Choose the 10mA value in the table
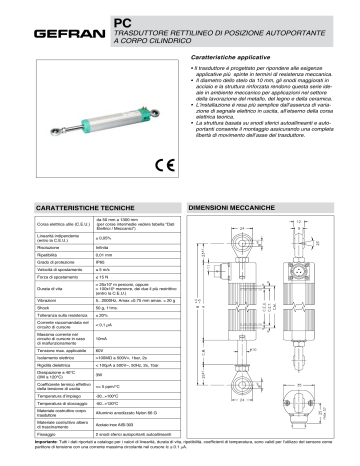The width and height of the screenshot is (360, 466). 103,339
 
